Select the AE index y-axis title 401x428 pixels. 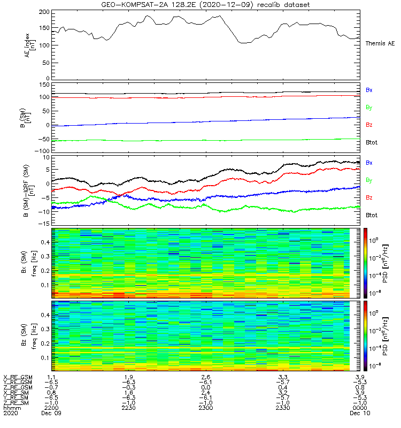[30, 45]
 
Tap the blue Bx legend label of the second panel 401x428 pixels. [369, 90]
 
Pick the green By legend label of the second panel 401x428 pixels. [369, 108]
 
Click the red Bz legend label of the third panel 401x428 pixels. [369, 198]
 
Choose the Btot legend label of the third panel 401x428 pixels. [371, 215]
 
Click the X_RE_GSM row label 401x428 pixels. [18, 378]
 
